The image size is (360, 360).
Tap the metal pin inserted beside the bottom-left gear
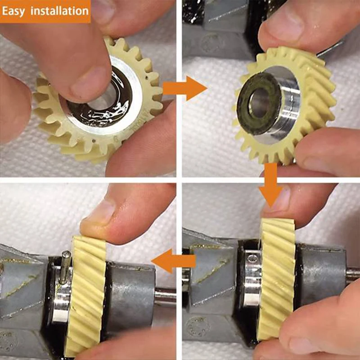pos(66,268)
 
